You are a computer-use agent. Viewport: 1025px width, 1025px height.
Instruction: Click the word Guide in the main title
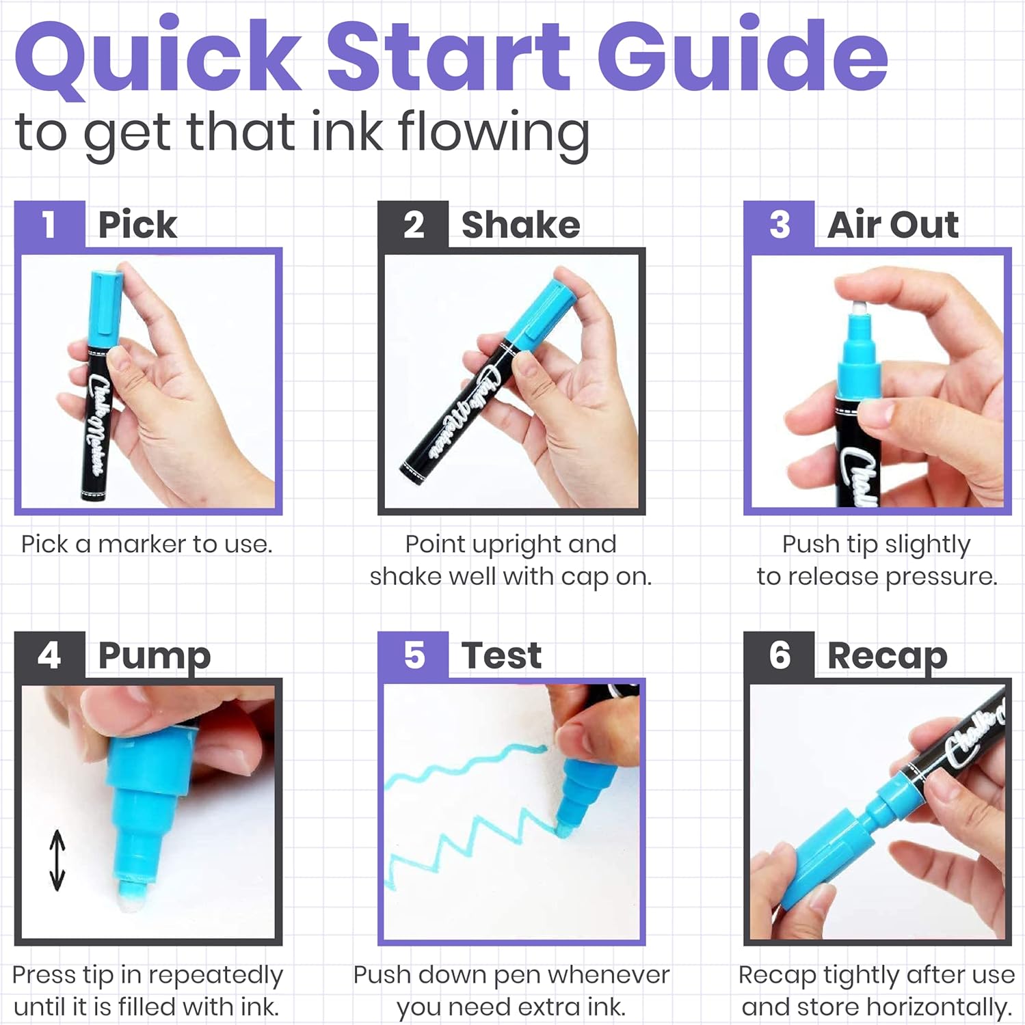(x=743, y=55)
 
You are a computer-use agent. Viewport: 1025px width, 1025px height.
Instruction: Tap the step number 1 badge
(x=50, y=224)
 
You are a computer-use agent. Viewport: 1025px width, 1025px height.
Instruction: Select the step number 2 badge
(x=413, y=224)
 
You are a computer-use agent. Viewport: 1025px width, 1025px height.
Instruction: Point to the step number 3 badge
(x=779, y=224)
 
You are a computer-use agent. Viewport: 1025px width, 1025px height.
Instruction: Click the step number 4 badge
(x=50, y=655)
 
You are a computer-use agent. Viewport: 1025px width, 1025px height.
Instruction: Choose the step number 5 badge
(x=413, y=655)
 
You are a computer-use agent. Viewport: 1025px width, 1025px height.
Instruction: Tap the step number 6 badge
(x=779, y=655)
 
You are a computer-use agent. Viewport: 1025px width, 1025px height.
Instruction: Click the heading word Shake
(x=521, y=225)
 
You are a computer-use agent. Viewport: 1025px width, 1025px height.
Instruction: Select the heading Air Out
(x=893, y=225)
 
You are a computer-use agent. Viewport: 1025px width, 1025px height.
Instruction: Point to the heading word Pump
(x=155, y=657)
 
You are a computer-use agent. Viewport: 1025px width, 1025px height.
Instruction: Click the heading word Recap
(x=888, y=657)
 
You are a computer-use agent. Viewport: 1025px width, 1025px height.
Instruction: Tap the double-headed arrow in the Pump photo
(x=57, y=860)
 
